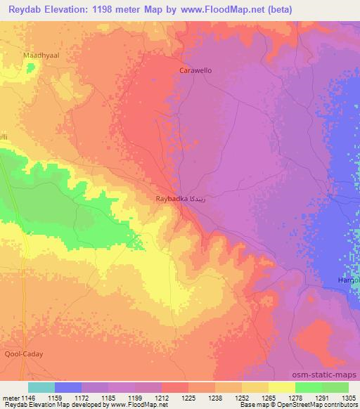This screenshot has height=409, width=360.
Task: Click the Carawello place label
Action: point(195,71)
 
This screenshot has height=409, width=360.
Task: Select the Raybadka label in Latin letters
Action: point(172,199)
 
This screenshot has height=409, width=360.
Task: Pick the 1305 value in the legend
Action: point(348,397)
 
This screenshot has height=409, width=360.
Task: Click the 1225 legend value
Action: point(188,397)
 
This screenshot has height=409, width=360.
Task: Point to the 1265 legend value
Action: point(269,397)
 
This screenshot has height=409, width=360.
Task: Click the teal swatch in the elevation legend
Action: point(41,387)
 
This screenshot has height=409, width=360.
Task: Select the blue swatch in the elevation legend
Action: point(67,387)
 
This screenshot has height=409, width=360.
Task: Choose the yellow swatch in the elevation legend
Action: point(281,387)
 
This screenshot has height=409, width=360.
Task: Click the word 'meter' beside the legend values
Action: point(10,397)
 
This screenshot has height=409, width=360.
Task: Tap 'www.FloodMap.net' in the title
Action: point(221,9)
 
